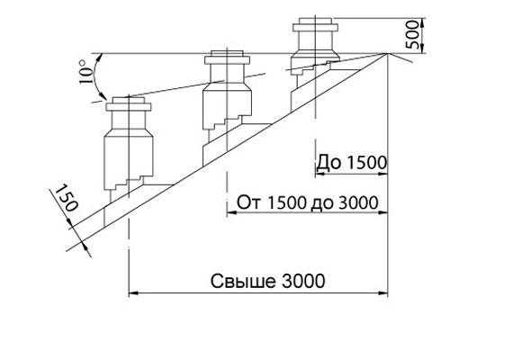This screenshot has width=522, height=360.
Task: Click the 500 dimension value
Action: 412,34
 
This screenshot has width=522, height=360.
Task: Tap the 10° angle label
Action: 85,71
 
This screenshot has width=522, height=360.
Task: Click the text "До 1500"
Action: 352,163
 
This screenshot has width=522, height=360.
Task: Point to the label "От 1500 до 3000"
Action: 308,202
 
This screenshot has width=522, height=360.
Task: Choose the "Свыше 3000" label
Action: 267,281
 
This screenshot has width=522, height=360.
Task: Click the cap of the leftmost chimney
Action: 129,104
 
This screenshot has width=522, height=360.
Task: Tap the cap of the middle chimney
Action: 227,58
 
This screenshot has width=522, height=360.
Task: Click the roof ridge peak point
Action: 388,53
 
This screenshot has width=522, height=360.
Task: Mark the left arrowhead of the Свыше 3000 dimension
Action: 133,293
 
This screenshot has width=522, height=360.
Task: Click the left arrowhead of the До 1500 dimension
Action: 319,174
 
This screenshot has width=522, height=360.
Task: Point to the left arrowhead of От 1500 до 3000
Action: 231,212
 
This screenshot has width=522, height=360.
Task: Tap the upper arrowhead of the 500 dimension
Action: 422,22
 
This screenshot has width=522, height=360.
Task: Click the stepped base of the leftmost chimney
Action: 128,184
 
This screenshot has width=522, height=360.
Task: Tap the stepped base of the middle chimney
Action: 227,121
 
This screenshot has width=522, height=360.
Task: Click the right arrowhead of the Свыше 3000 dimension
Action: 382,293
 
